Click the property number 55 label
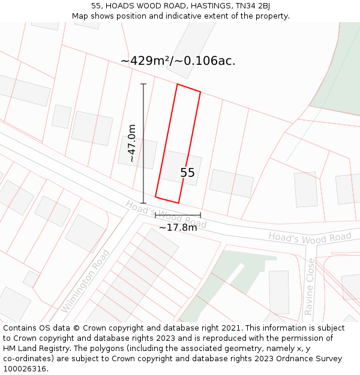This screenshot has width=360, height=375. pyautogui.click(x=187, y=173)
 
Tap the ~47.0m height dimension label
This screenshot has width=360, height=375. pyautogui.click(x=132, y=143)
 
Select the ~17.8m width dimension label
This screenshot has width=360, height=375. pyautogui.click(x=178, y=227)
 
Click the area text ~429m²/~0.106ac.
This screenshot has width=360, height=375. pyautogui.click(x=178, y=61)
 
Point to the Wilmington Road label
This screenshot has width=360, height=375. pyautogui.click(x=86, y=281)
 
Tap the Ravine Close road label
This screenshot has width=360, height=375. pyautogui.click(x=309, y=286)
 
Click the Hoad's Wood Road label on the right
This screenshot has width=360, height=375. pyautogui.click(x=310, y=237)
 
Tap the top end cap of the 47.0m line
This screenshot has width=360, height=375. pyautogui.click(x=143, y=84)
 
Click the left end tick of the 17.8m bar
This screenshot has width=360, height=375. pyautogui.click(x=155, y=215)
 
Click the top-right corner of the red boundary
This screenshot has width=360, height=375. pyautogui.click(x=200, y=92)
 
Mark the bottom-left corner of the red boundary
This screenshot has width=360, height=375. pyautogui.click(x=155, y=197)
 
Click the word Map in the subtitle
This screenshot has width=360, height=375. pyautogui.click(x=80, y=16)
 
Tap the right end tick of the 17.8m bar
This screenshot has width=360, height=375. pyautogui.click(x=200, y=215)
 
